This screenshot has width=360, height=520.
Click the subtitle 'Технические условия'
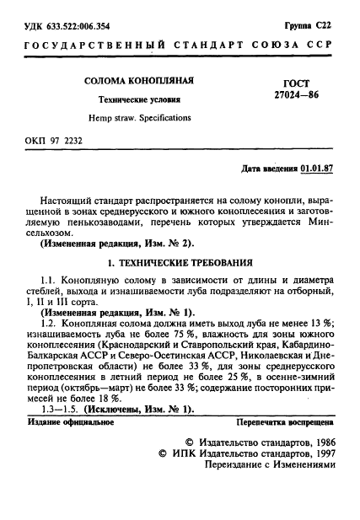[140, 99]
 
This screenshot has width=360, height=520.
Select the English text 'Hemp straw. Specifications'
[140, 118]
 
